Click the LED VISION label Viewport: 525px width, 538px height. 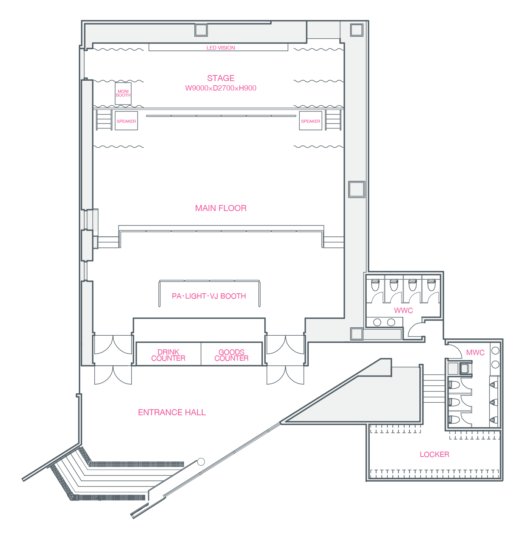[220, 48]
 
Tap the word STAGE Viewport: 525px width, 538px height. [220, 78]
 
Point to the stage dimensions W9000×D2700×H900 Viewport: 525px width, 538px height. [220, 88]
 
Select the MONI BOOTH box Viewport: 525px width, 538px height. [123, 94]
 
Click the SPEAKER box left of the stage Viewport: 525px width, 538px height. [126, 121]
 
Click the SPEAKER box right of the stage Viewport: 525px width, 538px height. [311, 121]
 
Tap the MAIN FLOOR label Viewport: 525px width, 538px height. [220, 208]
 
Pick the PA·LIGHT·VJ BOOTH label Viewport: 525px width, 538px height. [209, 296]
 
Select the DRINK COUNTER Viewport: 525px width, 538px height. [168, 355]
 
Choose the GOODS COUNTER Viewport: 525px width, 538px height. [231, 355]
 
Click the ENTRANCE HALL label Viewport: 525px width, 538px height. [172, 412]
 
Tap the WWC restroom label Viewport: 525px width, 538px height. [403, 310]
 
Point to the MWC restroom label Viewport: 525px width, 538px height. [475, 352]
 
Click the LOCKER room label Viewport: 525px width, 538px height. [434, 454]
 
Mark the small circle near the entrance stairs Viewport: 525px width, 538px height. [201, 462]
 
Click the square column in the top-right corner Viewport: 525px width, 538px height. [356, 30]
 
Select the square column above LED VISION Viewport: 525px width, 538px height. [201, 30]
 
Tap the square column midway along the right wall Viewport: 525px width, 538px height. [357, 189]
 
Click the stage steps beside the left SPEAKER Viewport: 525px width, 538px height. [104, 120]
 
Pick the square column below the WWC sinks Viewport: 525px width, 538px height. [357, 334]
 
